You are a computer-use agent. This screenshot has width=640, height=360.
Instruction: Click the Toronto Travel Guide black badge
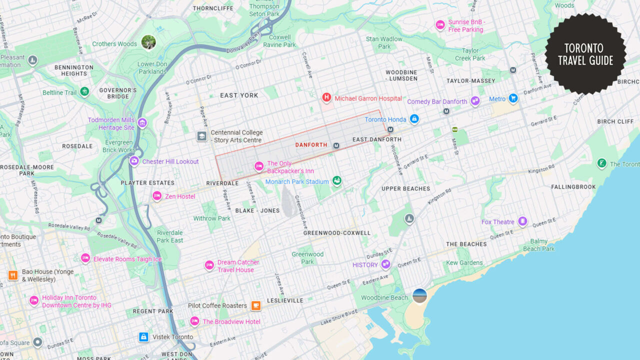click(585, 54)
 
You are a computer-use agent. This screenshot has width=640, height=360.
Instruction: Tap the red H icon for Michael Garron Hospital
click(326, 97)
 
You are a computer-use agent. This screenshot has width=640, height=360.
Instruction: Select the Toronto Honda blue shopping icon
click(414, 119)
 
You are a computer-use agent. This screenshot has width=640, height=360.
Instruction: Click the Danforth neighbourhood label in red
click(311, 145)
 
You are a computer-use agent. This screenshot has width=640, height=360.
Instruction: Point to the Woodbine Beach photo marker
click(419, 295)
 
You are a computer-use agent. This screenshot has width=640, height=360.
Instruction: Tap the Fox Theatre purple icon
click(522, 221)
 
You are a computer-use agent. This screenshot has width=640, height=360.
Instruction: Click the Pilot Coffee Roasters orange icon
click(256, 305)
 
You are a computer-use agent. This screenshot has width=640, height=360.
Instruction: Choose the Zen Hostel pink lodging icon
click(157, 196)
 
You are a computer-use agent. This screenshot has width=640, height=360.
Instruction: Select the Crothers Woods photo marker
click(148, 42)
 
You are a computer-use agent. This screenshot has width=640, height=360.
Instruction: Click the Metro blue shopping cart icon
click(513, 98)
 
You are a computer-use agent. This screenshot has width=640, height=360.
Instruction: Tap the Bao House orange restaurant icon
click(13, 275)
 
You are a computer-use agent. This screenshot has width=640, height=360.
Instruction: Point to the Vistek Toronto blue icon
click(143, 337)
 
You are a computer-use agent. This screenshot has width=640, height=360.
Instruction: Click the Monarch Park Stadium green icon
click(337, 181)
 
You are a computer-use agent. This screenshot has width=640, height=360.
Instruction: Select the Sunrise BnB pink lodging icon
click(440, 24)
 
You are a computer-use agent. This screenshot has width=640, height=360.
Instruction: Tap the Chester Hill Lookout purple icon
click(134, 161)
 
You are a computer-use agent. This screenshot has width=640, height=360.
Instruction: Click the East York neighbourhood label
click(239, 95)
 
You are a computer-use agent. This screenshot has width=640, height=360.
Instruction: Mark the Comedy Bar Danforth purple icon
click(475, 101)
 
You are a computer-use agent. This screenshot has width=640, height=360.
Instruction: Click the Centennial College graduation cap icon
click(201, 136)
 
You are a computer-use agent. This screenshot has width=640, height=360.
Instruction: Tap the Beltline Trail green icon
click(84, 92)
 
